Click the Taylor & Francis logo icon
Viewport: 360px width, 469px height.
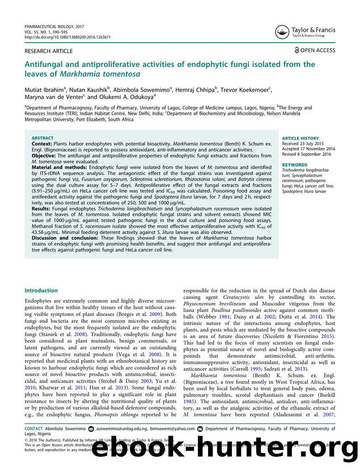tap(281, 32)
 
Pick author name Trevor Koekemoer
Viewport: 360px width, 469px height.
tap(244, 90)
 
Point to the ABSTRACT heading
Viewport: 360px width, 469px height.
tap(43, 138)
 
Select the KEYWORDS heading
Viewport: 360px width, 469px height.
tap(294, 166)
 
